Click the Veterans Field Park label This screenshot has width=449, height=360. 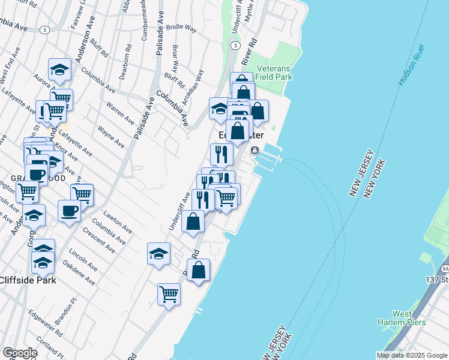click(273, 73)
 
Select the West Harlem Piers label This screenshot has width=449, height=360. click(410, 317)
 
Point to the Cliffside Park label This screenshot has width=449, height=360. click(28, 280)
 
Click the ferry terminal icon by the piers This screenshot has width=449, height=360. click(255, 150)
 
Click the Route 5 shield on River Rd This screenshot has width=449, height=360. click(235, 45)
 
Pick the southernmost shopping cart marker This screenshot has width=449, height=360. click(169, 294)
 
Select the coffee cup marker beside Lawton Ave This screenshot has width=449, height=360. click(69, 211)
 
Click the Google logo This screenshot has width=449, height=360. click(19, 353)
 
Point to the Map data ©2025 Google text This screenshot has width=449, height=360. click(412, 355)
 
